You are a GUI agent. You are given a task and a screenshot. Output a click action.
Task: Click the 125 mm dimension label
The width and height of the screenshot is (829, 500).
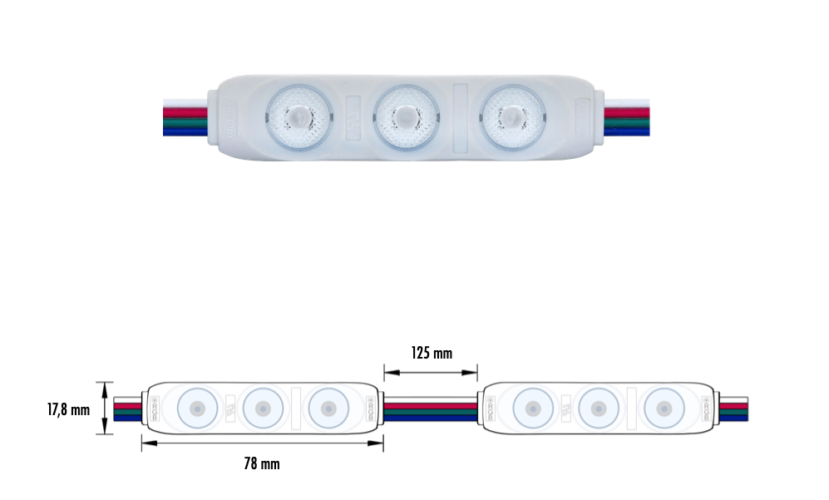click(432, 353)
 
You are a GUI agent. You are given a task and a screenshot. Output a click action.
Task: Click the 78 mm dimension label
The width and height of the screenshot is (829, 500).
click(262, 464)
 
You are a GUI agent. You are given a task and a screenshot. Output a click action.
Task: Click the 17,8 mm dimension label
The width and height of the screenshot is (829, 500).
click(67, 409)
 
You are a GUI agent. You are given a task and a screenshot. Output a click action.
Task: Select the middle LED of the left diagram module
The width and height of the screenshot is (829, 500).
click(263, 408)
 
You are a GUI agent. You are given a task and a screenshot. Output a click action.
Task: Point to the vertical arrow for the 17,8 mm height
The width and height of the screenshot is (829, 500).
click(104, 408)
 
